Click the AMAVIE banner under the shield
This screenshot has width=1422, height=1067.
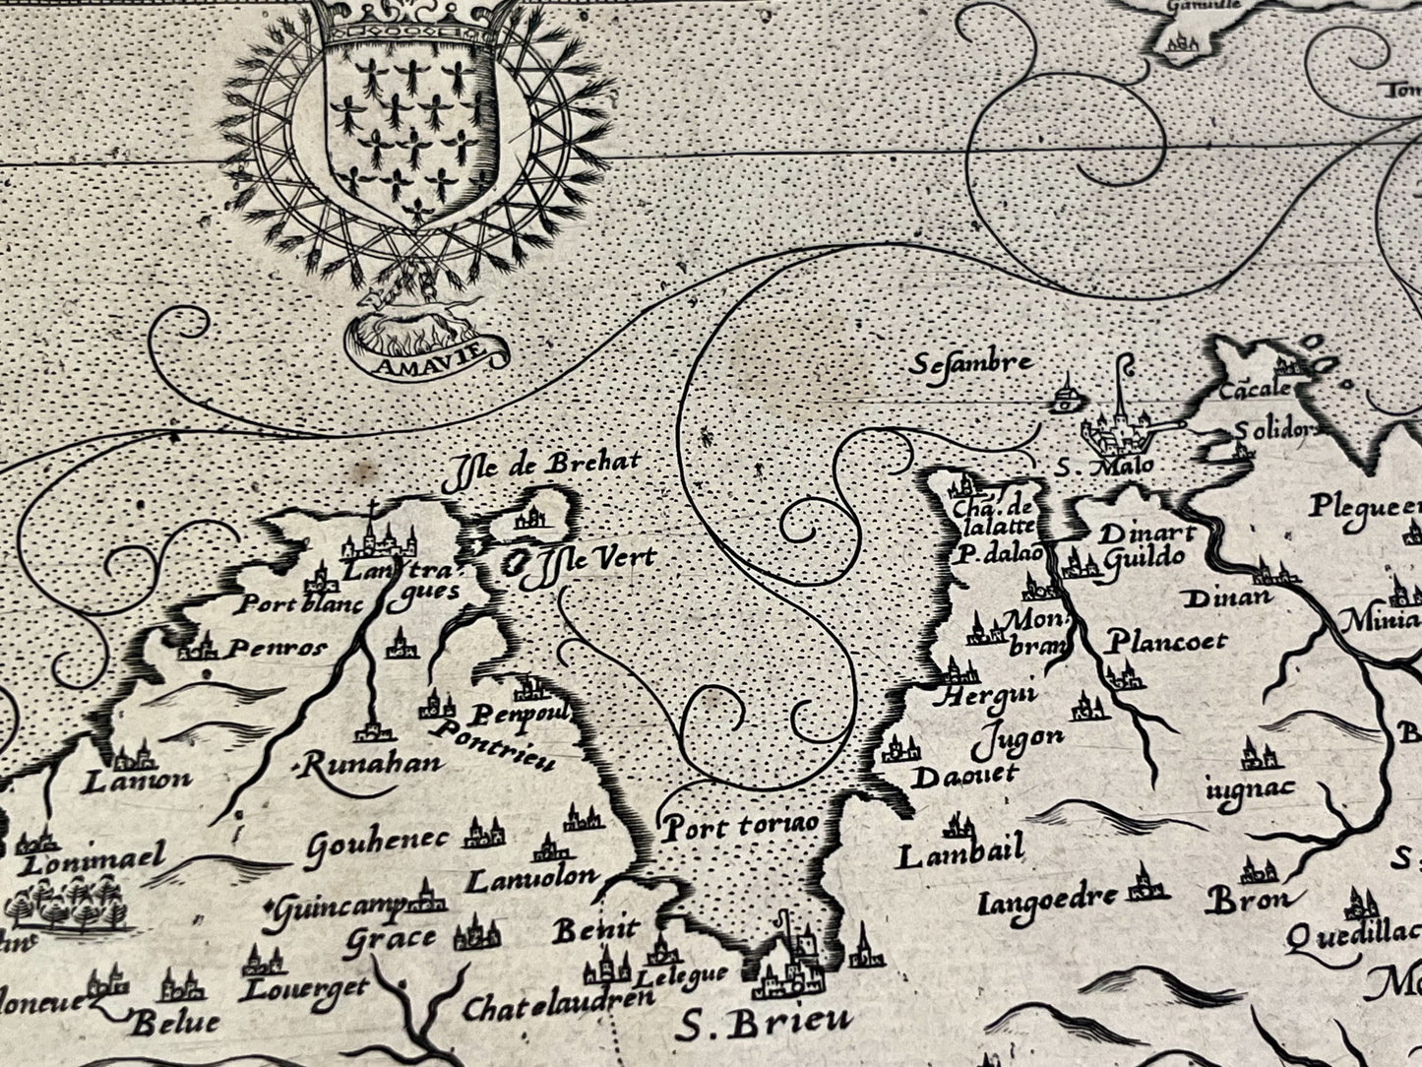[x=426, y=358]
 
